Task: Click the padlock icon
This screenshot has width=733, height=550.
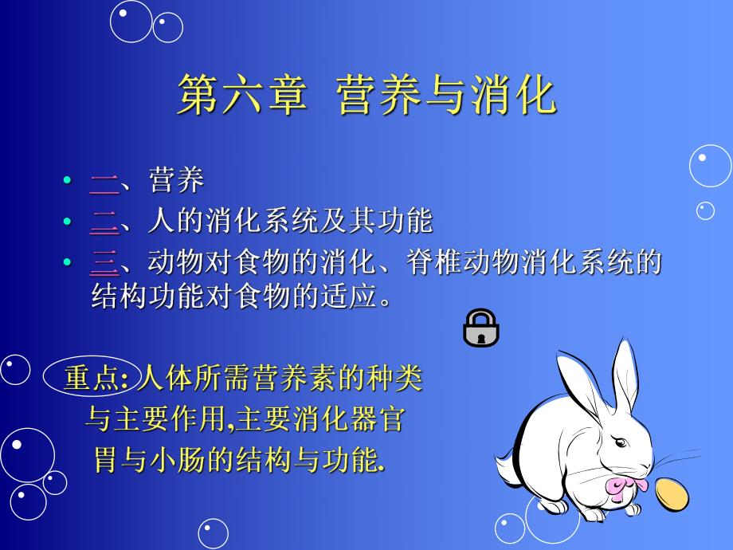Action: click(480, 328)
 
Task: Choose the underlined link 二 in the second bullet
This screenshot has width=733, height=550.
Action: click(104, 222)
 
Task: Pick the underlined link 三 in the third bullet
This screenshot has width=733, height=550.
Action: click(104, 262)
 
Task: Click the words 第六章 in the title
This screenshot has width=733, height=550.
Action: click(240, 96)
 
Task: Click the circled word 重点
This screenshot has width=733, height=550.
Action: click(89, 377)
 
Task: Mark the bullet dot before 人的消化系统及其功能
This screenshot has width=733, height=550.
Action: click(68, 222)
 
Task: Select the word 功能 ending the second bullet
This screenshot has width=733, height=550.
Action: click(406, 222)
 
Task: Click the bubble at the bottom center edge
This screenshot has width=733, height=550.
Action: click(213, 534)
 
